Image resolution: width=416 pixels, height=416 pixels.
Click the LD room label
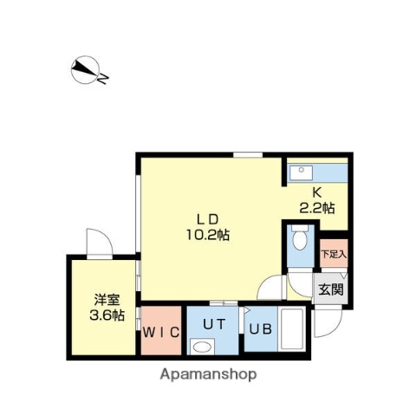[205, 218]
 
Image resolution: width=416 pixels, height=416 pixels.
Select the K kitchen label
[317, 192]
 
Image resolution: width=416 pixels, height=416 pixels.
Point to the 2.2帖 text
[317, 207]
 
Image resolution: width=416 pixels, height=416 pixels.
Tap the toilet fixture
[299, 236]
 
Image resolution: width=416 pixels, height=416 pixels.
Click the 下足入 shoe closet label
[333, 254]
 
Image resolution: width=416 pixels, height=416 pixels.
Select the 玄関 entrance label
[329, 289]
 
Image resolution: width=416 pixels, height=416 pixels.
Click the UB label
[260, 328]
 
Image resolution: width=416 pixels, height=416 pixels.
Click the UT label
[213, 323]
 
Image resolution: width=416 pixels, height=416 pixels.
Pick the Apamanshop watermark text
[208, 375]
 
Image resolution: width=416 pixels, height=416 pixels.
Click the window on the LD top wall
[249, 155]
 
